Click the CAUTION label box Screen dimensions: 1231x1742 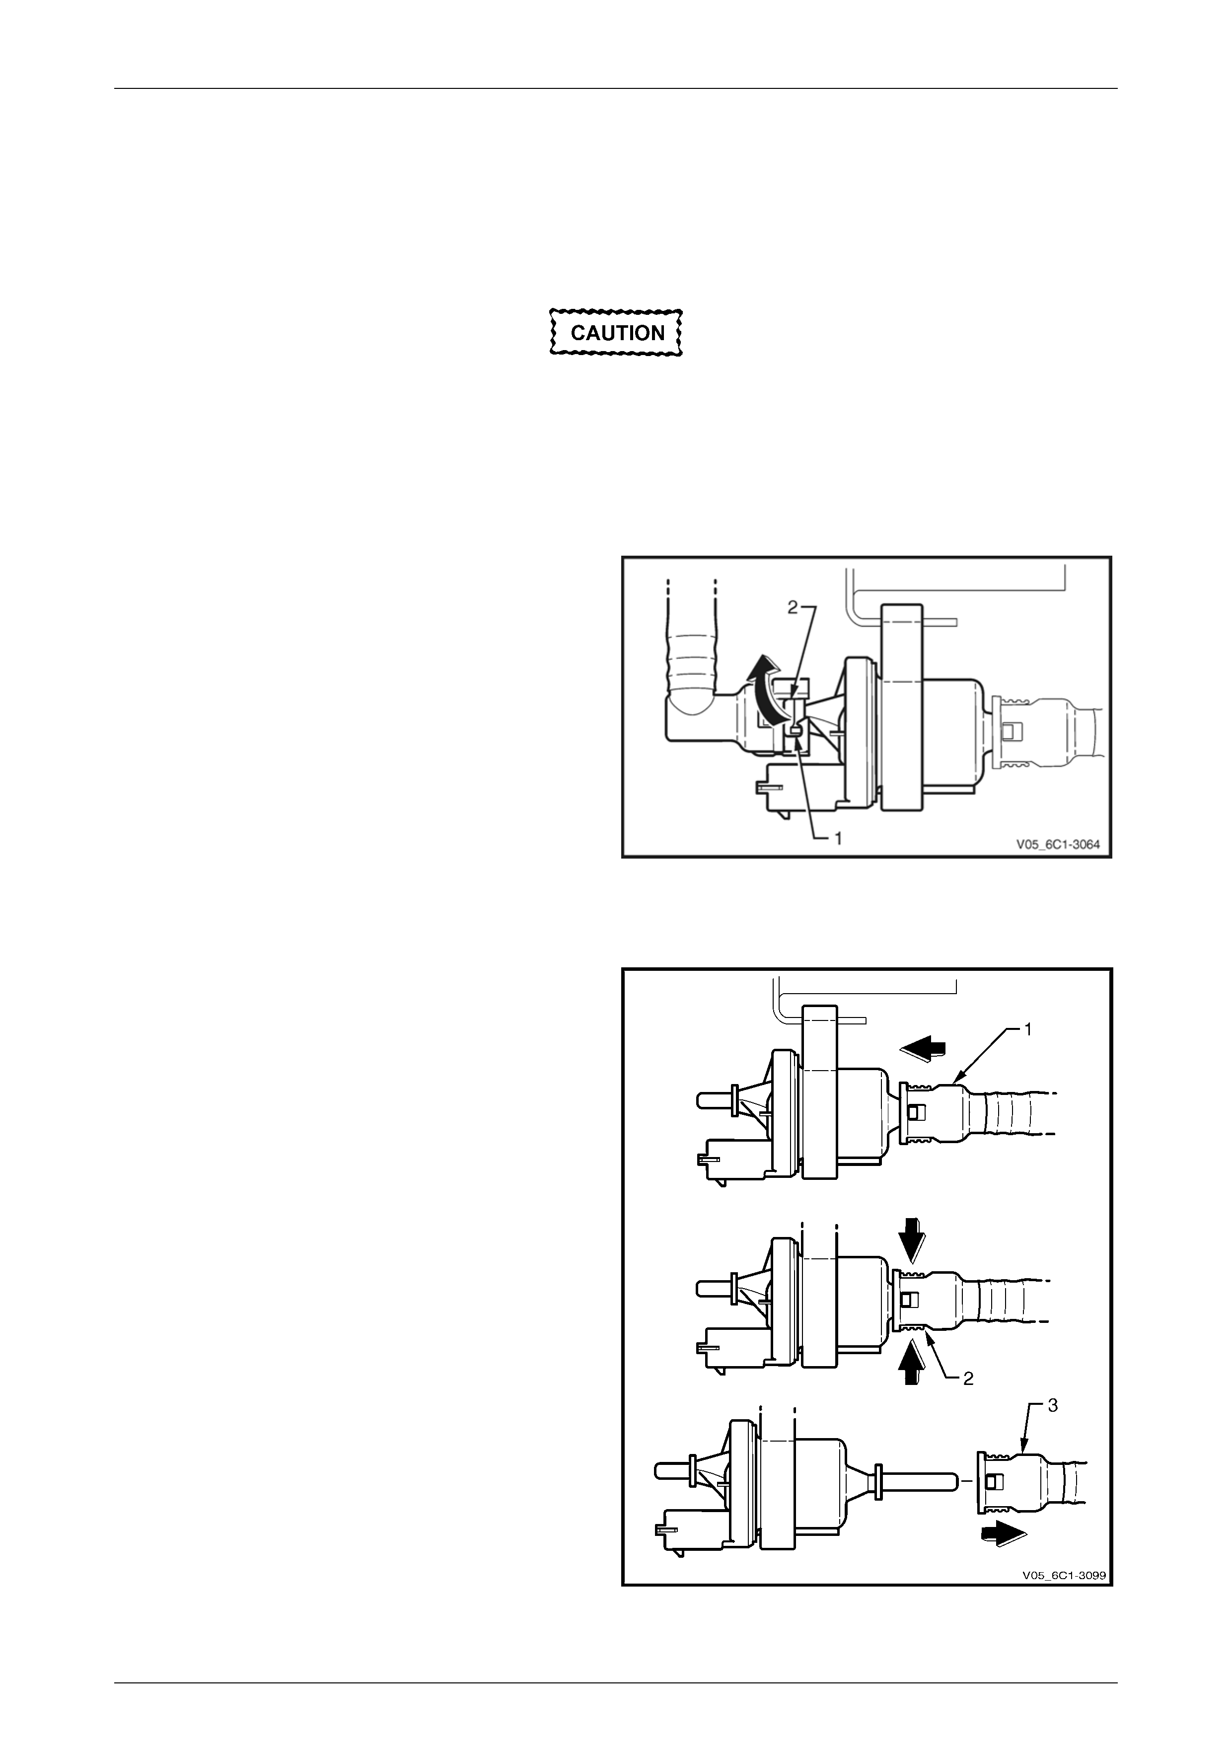[616, 332]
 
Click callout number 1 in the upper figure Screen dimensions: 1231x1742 [839, 838]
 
